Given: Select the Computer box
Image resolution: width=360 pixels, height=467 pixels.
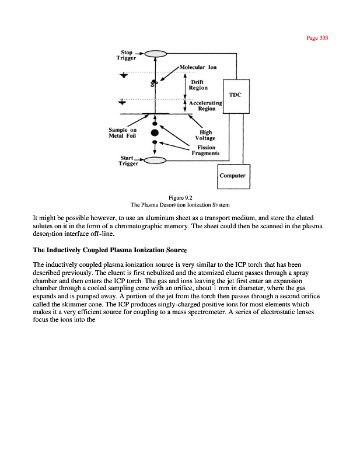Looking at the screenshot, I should pyautogui.click(x=233, y=176).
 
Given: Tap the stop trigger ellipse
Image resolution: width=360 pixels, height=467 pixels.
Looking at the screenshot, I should pyautogui.click(x=155, y=55).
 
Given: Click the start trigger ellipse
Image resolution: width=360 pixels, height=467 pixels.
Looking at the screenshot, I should pyautogui.click(x=155, y=161).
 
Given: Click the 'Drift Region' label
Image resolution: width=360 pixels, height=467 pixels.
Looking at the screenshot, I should pyautogui.click(x=199, y=85).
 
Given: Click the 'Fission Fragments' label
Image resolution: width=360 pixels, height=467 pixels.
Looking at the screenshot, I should pyautogui.click(x=205, y=151).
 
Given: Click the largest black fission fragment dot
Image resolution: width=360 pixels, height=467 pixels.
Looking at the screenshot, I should pyautogui.click(x=155, y=132).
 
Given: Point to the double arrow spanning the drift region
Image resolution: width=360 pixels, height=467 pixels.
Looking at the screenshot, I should pyautogui.click(x=185, y=85).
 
